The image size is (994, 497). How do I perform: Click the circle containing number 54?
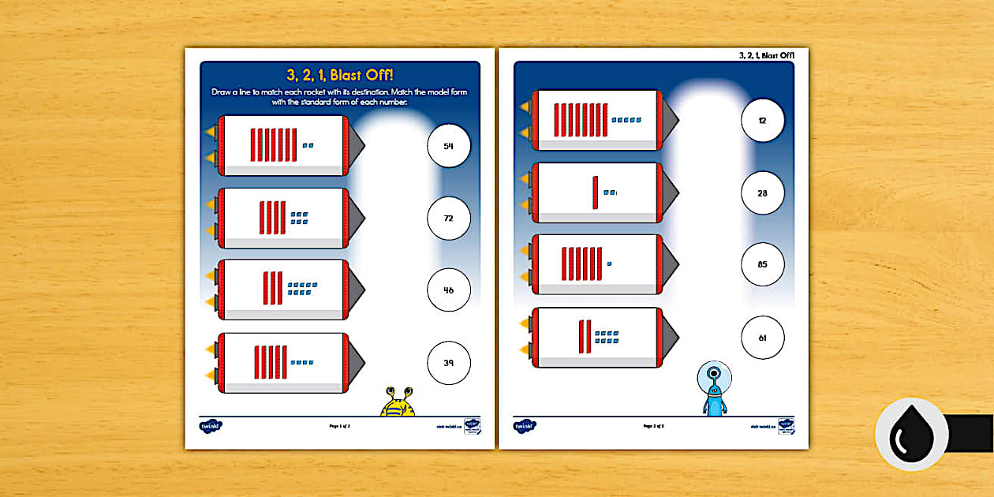click(448, 146)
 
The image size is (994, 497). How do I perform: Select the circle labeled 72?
click(448, 218)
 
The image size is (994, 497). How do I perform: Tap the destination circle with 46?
click(448, 290)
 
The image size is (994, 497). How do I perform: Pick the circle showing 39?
click(448, 363)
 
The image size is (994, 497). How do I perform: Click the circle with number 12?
click(762, 121)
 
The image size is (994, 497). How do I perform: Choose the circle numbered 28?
click(762, 192)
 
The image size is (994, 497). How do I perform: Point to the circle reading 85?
click(762, 264)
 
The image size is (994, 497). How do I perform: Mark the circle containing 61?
click(762, 338)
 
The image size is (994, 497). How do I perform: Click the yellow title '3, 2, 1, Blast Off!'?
click(339, 76)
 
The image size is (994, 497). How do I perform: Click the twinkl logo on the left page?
click(211, 426)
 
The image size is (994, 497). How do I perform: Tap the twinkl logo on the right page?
click(525, 426)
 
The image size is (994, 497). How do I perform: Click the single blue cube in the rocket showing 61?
click(609, 263)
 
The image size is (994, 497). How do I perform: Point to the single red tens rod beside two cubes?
click(595, 192)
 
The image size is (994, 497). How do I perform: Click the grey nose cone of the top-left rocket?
click(356, 145)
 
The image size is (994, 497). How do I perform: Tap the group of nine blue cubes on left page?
click(303, 289)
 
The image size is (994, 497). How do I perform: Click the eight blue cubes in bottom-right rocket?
click(607, 338)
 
